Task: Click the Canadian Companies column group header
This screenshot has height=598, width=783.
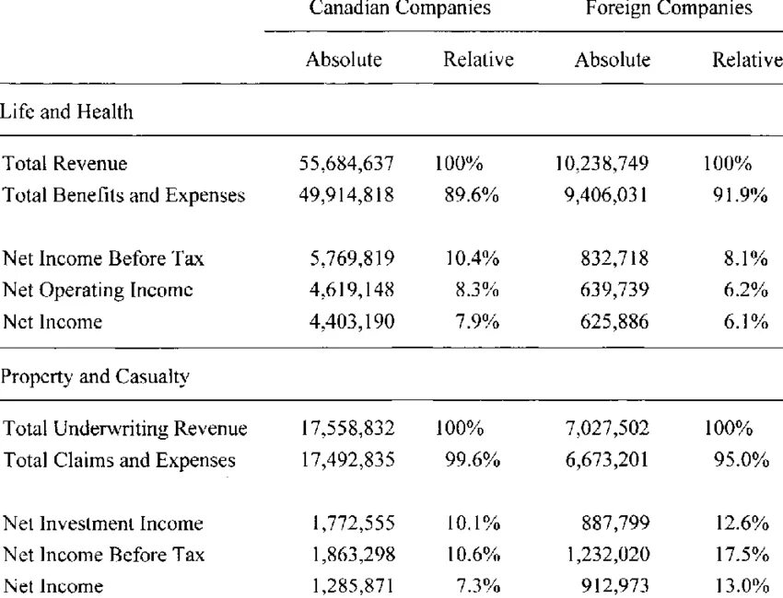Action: pyautogui.click(x=400, y=8)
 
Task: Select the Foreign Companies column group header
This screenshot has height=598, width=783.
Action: pyautogui.click(x=669, y=8)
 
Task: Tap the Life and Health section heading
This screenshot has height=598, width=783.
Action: pyautogui.click(x=66, y=111)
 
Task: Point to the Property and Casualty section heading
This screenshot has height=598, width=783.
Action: pyautogui.click(x=95, y=376)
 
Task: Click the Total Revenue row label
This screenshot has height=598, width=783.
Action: pyautogui.click(x=64, y=164)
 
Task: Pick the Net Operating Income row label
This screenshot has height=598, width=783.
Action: pyautogui.click(x=98, y=291)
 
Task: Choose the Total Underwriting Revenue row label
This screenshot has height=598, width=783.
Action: pyautogui.click(x=125, y=429)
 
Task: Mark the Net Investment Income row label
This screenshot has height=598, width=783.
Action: pyautogui.click(x=103, y=523)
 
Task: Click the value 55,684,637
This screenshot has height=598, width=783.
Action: pyautogui.click(x=346, y=164)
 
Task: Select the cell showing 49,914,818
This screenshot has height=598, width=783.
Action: pyautogui.click(x=346, y=195)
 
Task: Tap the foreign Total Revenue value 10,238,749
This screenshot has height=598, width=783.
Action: pyautogui.click(x=602, y=164)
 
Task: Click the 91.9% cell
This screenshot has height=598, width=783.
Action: pyautogui.click(x=740, y=195)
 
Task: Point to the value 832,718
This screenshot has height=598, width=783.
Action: pyautogui.click(x=614, y=259)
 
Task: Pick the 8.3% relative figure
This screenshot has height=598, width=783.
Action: pyautogui.click(x=477, y=291)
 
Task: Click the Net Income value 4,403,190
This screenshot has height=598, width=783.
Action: pyautogui.click(x=352, y=322)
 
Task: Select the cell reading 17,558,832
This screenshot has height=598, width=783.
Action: pyautogui.click(x=347, y=429)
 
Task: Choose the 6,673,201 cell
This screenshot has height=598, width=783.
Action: pyautogui.click(x=607, y=460)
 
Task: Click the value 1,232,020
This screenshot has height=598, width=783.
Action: pyautogui.click(x=608, y=555)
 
